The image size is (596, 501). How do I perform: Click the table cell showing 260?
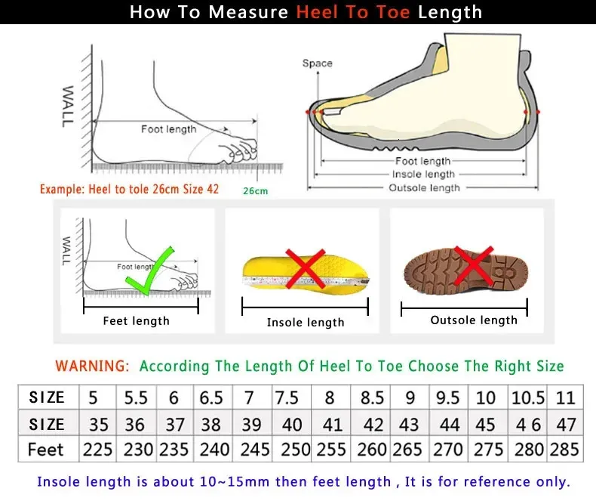[372, 449]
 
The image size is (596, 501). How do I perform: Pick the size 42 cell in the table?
[372, 423]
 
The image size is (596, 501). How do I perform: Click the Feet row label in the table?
[46, 449]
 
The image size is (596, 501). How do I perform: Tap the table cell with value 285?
[566, 449]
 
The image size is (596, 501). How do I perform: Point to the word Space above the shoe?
[317, 63]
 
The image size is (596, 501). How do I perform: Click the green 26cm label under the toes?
[255, 191]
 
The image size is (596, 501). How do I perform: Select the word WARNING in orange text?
[92, 366]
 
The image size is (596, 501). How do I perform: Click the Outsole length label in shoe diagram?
[424, 187]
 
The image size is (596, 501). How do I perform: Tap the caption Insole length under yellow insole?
[306, 323]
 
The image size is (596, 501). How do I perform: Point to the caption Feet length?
[137, 321]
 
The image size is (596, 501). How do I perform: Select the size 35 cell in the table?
[97, 423]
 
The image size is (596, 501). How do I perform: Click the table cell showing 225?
[97, 449]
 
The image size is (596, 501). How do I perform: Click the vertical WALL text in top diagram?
[67, 106]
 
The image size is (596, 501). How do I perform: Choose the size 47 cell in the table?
[566, 423]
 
